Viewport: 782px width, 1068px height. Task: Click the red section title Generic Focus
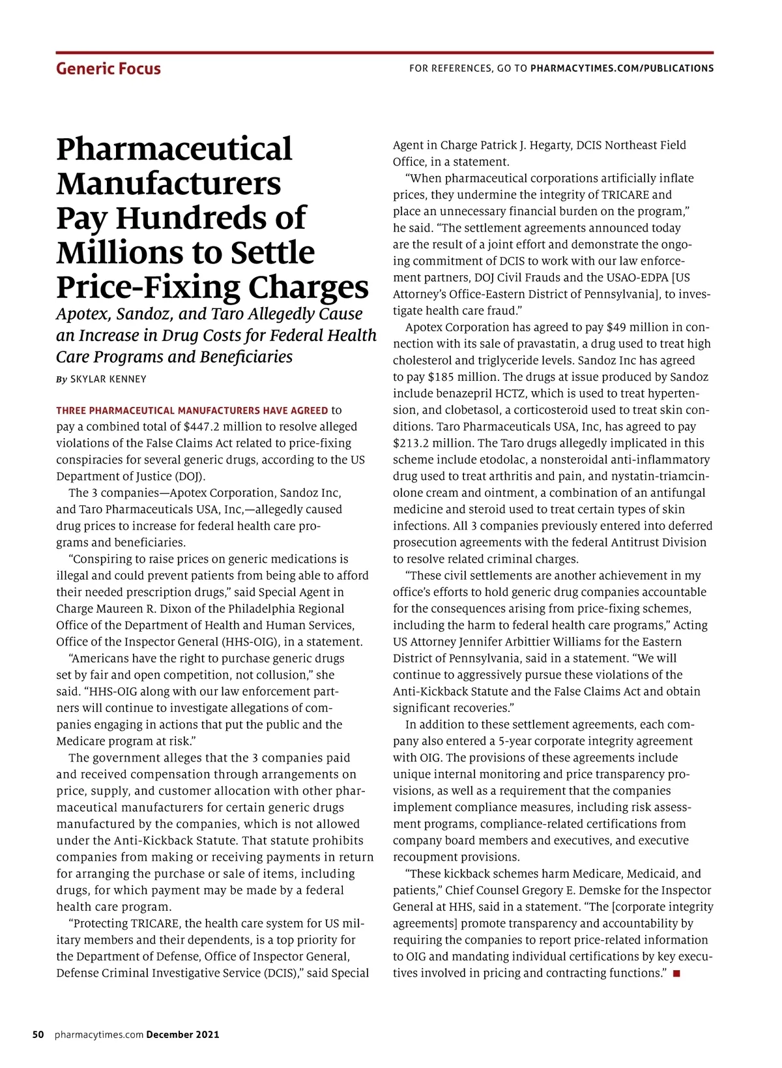(108, 68)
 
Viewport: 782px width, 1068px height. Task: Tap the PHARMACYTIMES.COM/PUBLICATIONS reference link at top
(622, 68)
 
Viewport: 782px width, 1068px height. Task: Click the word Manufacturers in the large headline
(168, 183)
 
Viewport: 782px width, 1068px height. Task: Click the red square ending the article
(676, 973)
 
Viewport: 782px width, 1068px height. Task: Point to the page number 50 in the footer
(38, 1035)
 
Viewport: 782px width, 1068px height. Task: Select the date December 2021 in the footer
(182, 1035)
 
